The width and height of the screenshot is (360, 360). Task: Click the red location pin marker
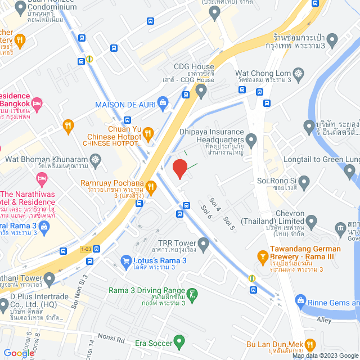pos(179,169)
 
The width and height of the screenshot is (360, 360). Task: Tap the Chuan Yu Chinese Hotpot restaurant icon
pos(148,133)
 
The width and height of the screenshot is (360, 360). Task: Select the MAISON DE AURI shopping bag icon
pos(163,102)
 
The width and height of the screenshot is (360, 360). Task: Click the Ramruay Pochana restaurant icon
pos(151,186)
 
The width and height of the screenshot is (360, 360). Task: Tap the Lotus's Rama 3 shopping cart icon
pos(127,261)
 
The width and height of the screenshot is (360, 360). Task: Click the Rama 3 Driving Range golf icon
pos(192,294)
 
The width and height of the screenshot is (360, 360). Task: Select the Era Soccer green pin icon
pos(179,341)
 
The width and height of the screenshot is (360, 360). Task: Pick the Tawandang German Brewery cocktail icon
pos(262,256)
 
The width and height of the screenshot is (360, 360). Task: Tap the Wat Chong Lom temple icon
pos(298,73)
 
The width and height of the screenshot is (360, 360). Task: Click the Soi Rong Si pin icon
pos(304,181)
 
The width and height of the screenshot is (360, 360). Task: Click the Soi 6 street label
pos(206,213)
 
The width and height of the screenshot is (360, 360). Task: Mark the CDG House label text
pos(195,66)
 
